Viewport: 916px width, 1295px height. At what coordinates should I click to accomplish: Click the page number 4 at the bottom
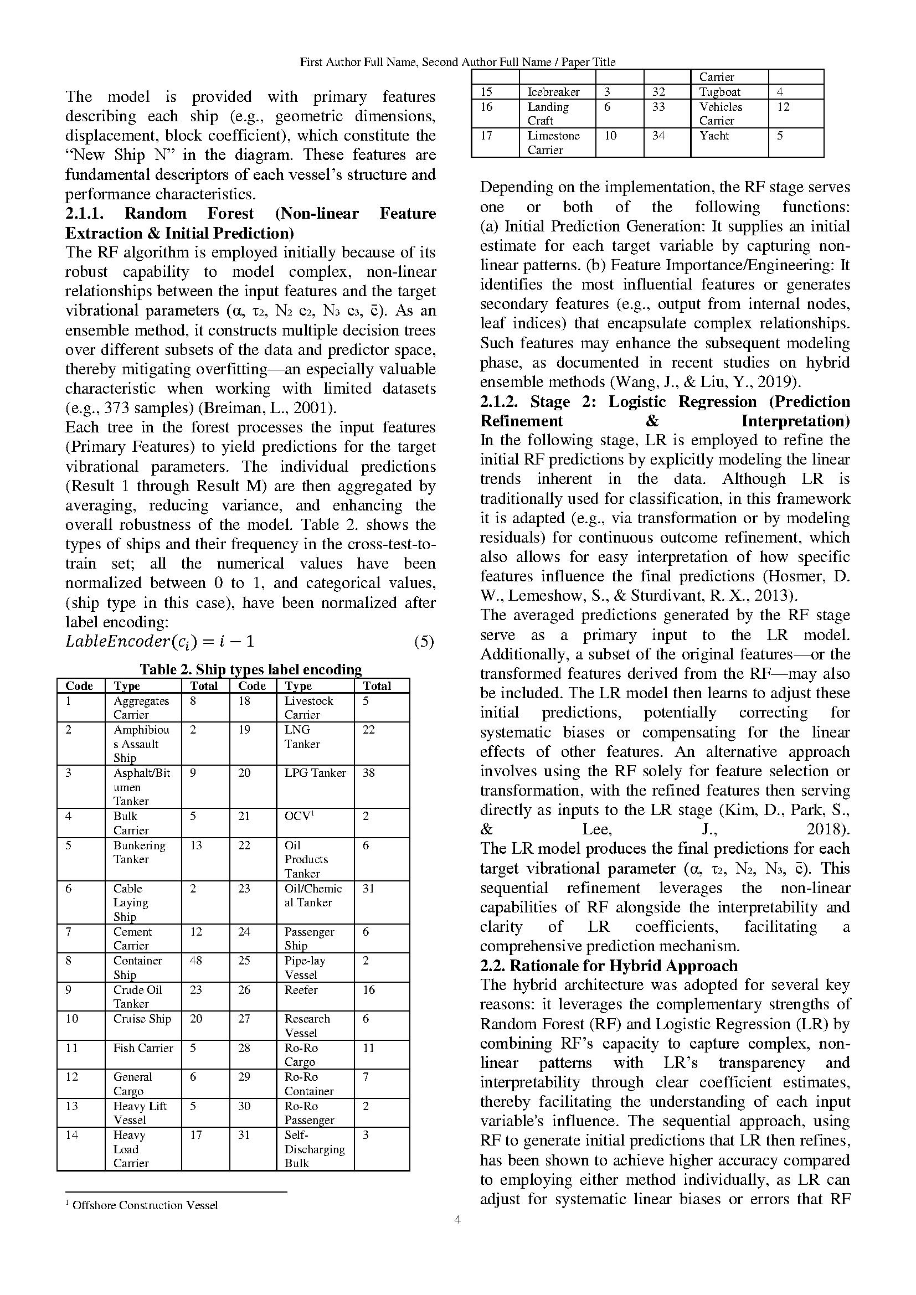[x=457, y=1221]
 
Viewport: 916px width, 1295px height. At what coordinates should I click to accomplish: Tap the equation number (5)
[x=424, y=642]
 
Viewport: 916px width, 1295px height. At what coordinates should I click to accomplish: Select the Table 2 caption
[x=250, y=669]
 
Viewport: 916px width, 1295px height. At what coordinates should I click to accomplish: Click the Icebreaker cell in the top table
[x=553, y=92]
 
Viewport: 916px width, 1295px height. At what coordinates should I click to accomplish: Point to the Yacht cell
[x=714, y=136]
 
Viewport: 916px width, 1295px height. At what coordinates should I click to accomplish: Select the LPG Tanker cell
[x=315, y=773]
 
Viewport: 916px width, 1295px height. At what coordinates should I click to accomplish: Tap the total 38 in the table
[x=368, y=773]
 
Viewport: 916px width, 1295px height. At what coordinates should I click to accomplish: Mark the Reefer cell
[x=301, y=989]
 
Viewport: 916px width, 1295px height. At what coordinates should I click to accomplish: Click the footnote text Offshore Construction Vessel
[x=145, y=1205]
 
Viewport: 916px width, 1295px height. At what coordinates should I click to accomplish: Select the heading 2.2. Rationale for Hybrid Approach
[x=609, y=966]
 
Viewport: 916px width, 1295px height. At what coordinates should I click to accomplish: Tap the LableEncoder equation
[x=160, y=642]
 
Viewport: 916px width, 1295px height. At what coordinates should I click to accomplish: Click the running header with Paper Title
[x=457, y=62]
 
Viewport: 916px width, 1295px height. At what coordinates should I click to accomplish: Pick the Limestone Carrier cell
[x=553, y=143]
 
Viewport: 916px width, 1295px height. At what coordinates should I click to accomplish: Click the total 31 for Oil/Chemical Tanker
[x=368, y=888]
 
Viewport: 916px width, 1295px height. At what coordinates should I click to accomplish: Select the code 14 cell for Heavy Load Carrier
[x=71, y=1135]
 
